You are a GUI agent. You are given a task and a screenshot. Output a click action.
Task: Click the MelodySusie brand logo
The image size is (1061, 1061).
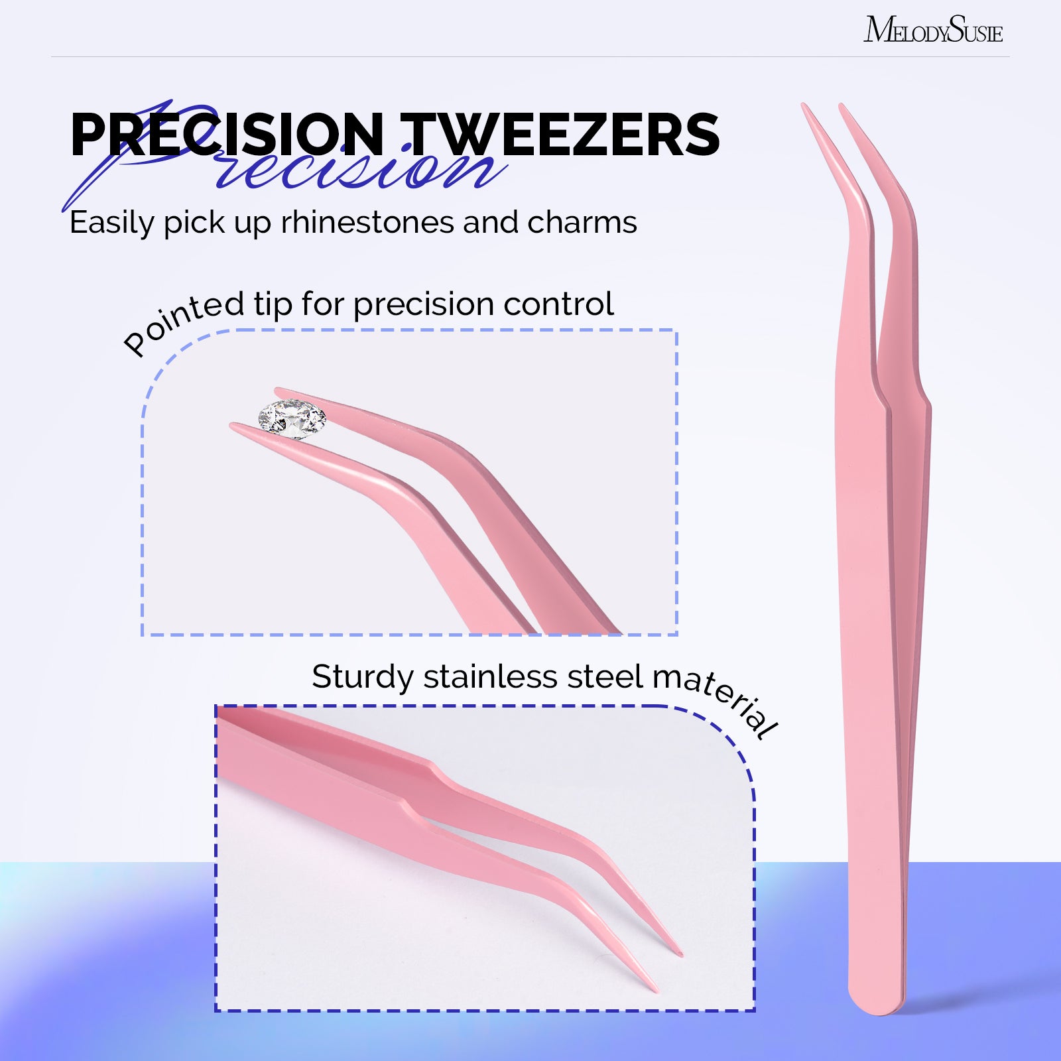pos(933,29)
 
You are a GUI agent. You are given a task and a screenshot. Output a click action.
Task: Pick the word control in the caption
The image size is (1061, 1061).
pos(558,304)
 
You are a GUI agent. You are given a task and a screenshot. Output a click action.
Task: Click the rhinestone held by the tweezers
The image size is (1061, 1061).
pos(292,418)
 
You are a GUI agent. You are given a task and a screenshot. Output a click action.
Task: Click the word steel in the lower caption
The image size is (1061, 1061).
pos(605,677)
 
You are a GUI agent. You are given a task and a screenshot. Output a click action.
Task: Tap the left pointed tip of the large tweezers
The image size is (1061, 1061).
pos(804,106)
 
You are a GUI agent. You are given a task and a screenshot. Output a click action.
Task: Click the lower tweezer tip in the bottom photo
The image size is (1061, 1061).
pos(656,991)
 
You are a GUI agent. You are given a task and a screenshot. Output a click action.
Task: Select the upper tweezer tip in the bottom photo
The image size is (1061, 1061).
pos(679,953)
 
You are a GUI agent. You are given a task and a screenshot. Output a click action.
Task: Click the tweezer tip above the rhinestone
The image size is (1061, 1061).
pos(279,391)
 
